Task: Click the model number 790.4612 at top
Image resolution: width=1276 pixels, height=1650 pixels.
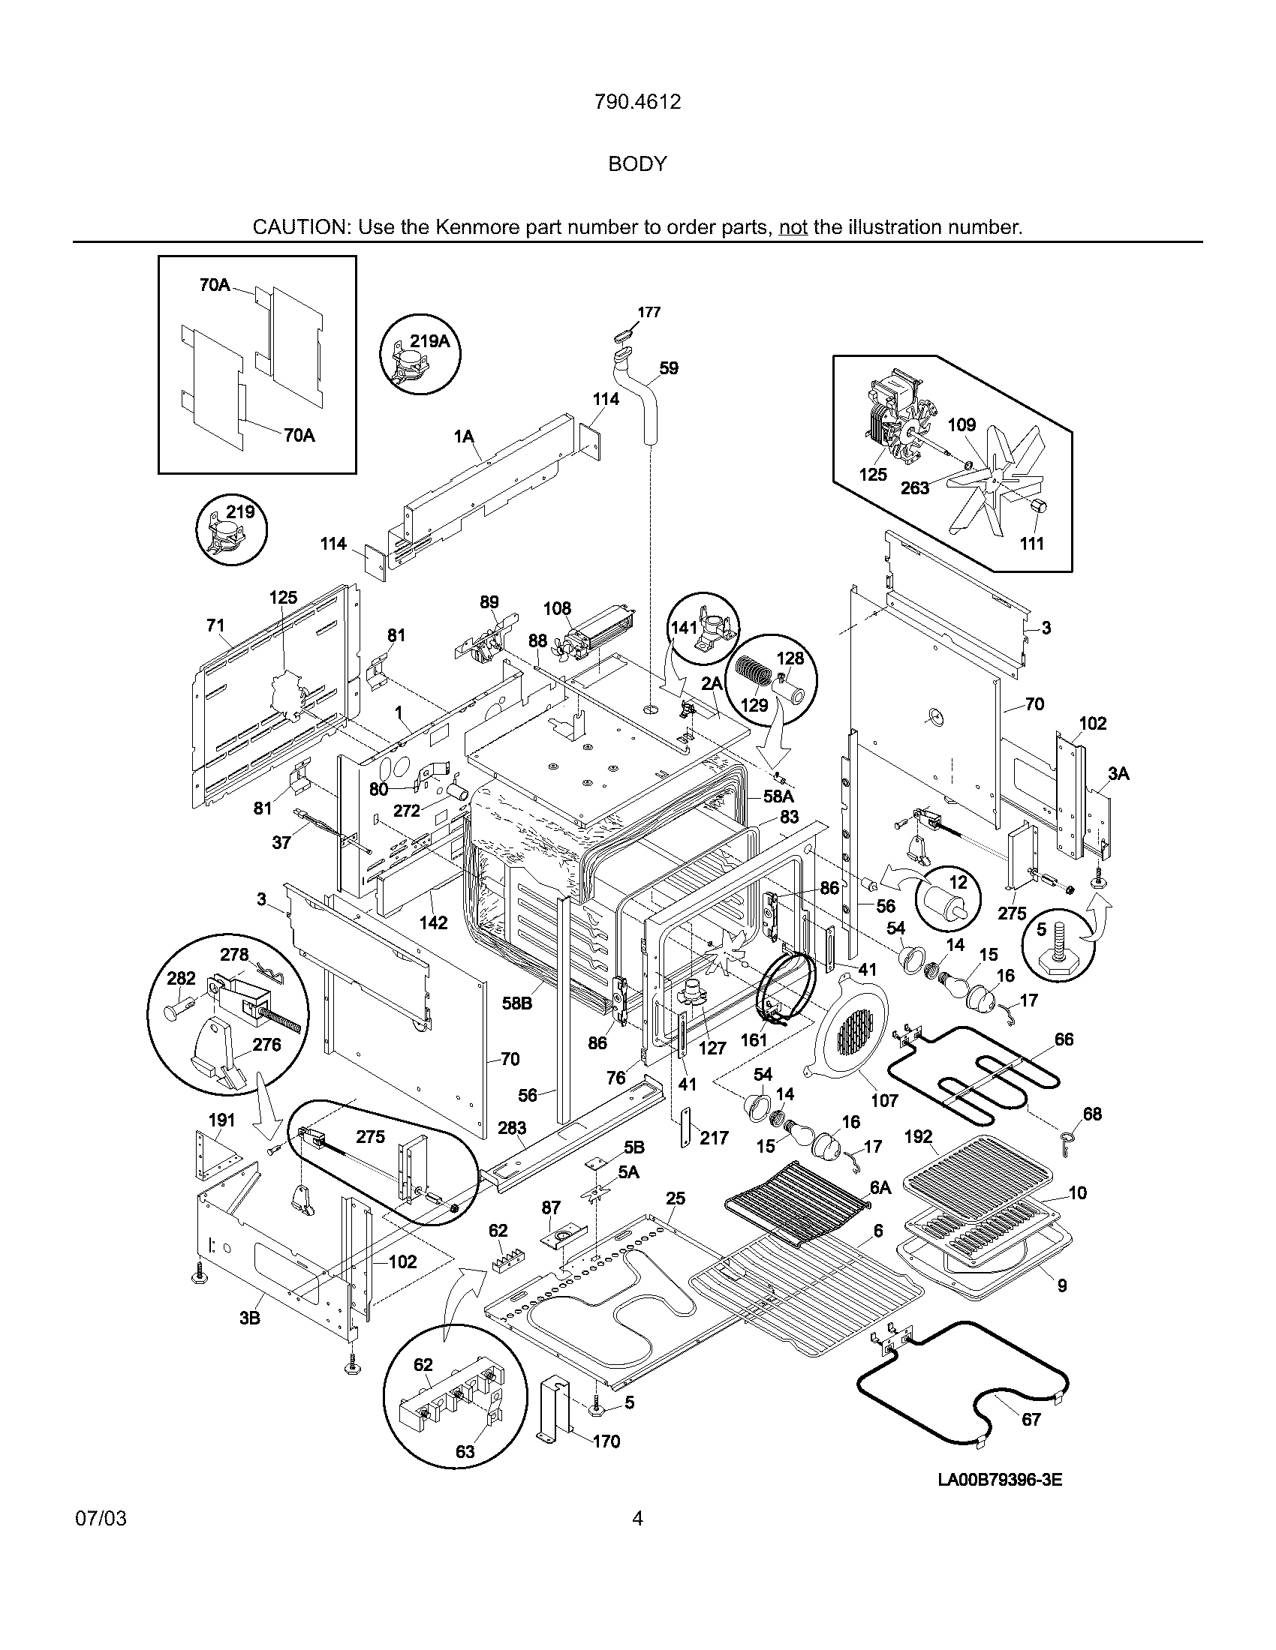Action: coord(637,101)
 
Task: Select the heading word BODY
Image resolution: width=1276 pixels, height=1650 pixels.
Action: coord(637,164)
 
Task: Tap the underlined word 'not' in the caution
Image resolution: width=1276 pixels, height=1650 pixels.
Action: coord(793,227)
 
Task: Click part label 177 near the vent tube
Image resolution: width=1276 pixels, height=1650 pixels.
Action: coord(649,312)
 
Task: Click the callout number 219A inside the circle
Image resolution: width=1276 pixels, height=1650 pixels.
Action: coord(429,341)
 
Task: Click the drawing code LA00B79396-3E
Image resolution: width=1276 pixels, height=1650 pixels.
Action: coord(999,1479)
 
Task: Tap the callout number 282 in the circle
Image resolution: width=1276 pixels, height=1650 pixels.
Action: coord(181,978)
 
